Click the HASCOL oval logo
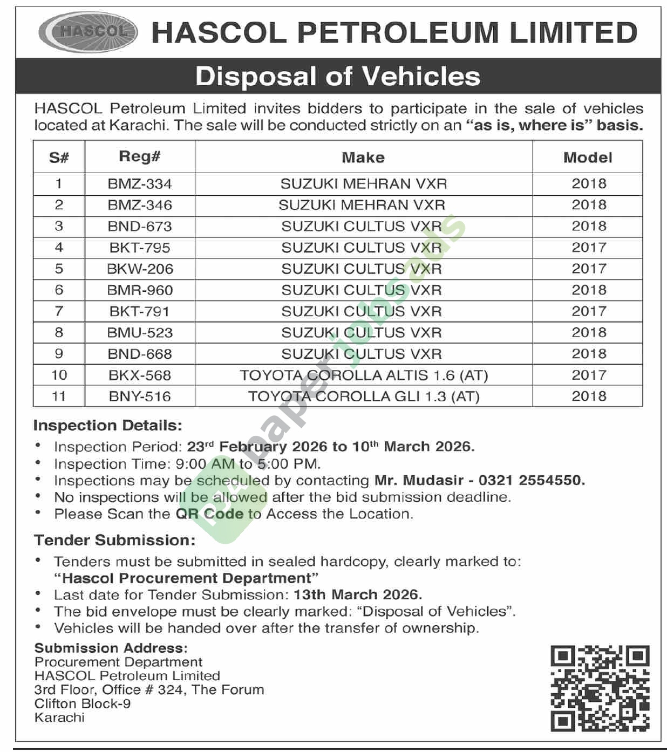(x=89, y=32)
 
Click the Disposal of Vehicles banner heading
(x=338, y=76)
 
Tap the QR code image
(x=600, y=688)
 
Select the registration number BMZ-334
(x=140, y=184)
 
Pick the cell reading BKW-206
(x=140, y=269)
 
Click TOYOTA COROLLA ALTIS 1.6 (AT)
(x=364, y=375)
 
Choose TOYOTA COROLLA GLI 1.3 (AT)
(x=364, y=396)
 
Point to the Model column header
(x=588, y=158)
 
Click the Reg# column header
(x=140, y=157)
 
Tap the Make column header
(x=363, y=158)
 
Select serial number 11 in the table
(x=59, y=396)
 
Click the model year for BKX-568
(x=589, y=375)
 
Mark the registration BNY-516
(x=140, y=396)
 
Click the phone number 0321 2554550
(x=532, y=480)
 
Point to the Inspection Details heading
(x=108, y=426)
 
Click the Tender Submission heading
(x=114, y=540)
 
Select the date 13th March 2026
(x=357, y=594)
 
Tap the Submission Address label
(x=111, y=648)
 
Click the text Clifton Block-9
(x=83, y=703)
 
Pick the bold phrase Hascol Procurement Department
(x=187, y=578)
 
